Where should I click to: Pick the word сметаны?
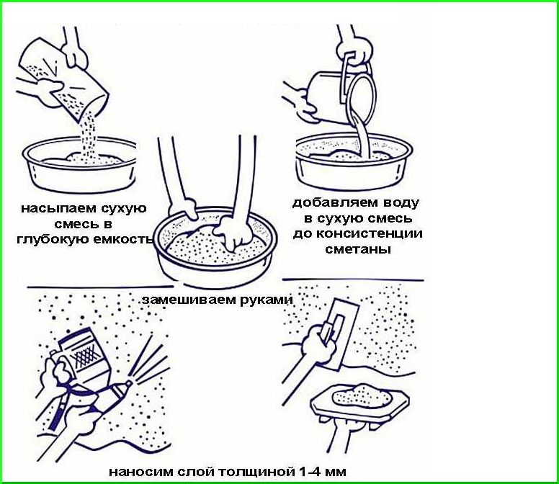click(x=357, y=248)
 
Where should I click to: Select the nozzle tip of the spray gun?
click(x=130, y=383)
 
